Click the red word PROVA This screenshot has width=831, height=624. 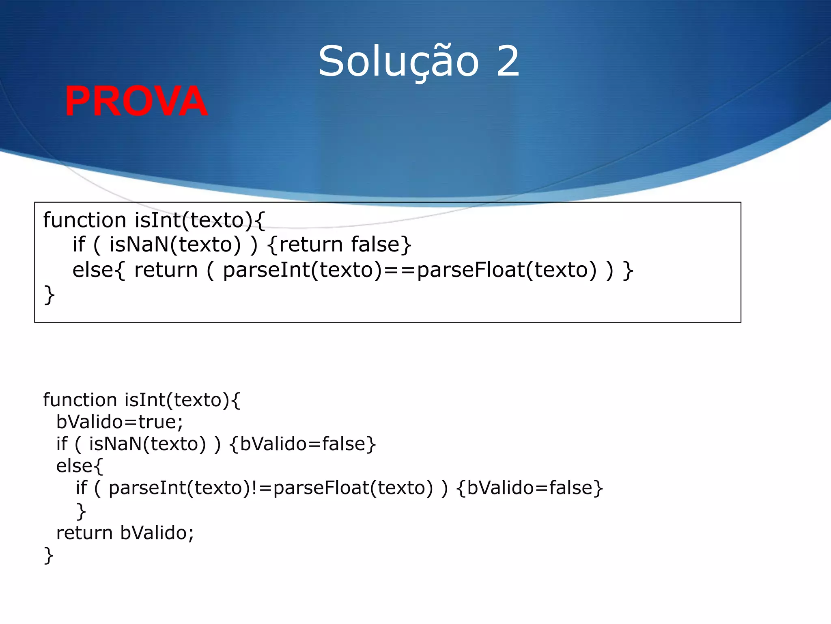click(136, 102)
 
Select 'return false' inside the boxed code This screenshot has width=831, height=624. click(339, 245)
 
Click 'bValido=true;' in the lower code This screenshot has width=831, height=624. click(120, 422)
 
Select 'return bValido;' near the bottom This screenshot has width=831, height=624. click(125, 533)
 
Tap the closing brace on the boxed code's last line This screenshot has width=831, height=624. click(49, 295)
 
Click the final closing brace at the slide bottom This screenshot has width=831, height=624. click(49, 555)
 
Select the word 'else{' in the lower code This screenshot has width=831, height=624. click(80, 466)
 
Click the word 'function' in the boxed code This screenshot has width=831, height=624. click(85, 221)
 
